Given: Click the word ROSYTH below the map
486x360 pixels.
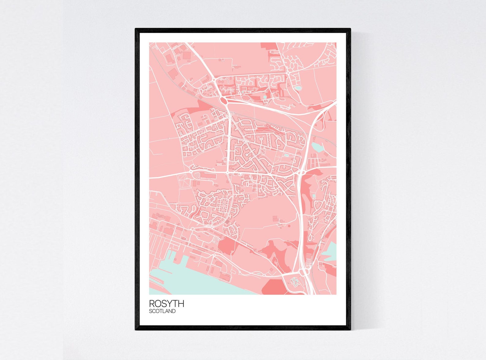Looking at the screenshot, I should (x=166, y=303).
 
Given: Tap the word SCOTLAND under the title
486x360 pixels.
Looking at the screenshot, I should (x=162, y=311).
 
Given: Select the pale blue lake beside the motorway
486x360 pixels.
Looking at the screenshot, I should (x=317, y=147).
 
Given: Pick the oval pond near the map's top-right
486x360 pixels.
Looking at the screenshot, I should (x=297, y=88).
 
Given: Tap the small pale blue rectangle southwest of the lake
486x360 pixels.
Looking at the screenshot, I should (x=286, y=156).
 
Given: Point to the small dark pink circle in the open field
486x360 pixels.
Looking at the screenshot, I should (x=289, y=226).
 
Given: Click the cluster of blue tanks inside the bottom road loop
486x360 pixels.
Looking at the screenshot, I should (x=295, y=281).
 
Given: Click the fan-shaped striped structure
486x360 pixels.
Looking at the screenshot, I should (x=202, y=175).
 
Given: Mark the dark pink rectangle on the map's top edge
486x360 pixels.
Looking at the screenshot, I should (x=268, y=46).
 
